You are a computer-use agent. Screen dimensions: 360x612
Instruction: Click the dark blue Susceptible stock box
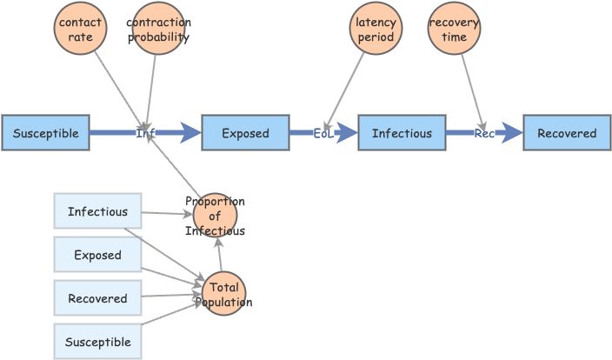coord(45,133)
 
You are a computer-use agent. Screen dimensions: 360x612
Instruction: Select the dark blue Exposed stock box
coord(245,133)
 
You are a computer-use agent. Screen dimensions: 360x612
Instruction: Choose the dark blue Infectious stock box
coord(402,133)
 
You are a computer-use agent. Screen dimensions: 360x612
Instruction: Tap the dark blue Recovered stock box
coord(567,133)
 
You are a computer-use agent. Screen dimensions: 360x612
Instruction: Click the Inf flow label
coord(145,133)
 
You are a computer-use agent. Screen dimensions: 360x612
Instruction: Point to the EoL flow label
coord(323,133)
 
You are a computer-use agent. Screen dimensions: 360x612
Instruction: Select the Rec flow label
coord(484,133)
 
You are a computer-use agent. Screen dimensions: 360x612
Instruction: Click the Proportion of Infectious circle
coord(215,216)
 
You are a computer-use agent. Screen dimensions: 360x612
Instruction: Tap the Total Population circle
coord(223,294)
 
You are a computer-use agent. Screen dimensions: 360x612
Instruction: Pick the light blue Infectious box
coord(97,211)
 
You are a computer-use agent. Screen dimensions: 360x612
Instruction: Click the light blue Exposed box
coord(97,255)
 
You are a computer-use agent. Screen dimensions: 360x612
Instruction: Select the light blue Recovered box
coord(97,298)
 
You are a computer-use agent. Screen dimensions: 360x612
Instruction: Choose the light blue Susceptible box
coord(97,342)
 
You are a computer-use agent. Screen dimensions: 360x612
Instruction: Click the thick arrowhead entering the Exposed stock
coord(190,133)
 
